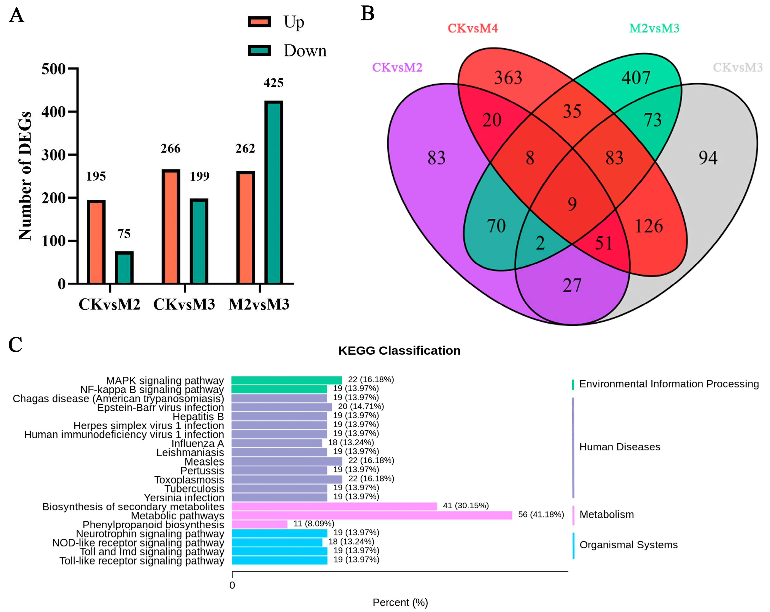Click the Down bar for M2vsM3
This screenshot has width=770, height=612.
click(273, 193)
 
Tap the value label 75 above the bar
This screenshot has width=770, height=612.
click(124, 234)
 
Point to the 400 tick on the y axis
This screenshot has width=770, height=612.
click(54, 112)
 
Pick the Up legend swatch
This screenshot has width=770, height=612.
click(259, 22)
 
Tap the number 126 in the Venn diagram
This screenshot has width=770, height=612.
click(649, 226)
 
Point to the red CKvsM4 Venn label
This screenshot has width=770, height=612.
click(473, 28)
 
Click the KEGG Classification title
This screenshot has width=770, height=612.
click(399, 350)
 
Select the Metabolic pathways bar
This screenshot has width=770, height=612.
click(371, 515)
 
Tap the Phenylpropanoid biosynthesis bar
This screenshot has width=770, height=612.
click(259, 524)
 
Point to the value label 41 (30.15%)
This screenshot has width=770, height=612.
click(466, 505)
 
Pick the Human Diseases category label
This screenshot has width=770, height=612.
click(620, 447)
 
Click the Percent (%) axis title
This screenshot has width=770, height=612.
click(400, 602)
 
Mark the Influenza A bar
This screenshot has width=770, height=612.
click(277, 443)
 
